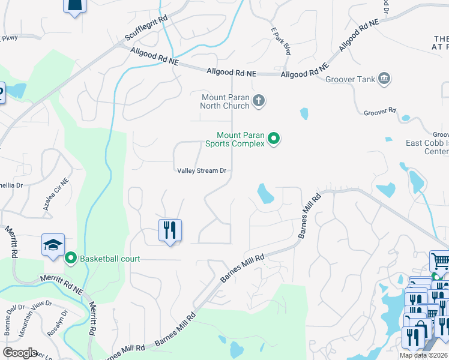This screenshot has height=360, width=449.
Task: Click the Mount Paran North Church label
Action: tap(224, 101)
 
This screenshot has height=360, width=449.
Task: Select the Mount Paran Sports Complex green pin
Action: tap(274, 139)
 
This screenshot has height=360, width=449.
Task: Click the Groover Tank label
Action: tap(350, 79)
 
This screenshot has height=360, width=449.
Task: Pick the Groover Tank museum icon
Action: tap(384, 79)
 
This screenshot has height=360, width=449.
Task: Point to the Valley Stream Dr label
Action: tap(202, 171)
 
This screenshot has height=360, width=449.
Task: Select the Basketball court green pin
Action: tap(71, 259)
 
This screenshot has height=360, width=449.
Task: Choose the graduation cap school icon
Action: tap(52, 245)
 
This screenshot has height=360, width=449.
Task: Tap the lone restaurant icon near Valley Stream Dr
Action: tap(170, 229)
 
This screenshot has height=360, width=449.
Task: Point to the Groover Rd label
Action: tap(381, 111)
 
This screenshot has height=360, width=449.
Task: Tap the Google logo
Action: tap(20, 352)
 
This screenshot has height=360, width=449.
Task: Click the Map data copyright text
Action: tap(423, 355)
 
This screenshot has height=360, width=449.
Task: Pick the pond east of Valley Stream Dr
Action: tap(265, 194)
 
